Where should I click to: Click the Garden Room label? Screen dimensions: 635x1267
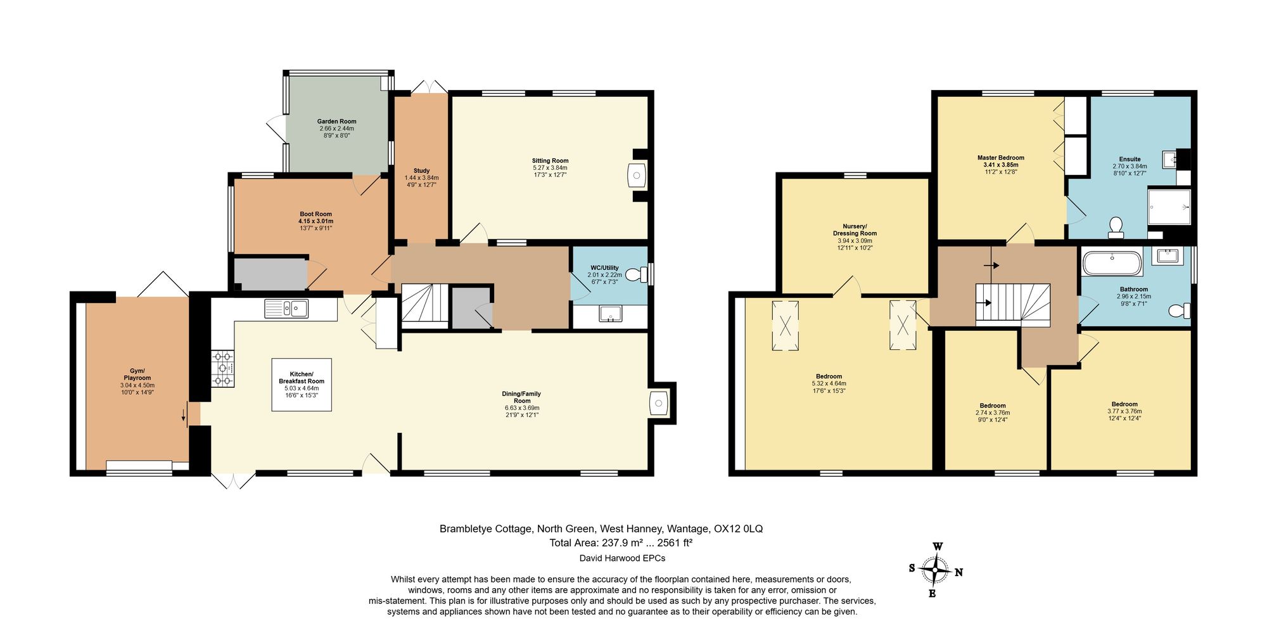click(336, 121)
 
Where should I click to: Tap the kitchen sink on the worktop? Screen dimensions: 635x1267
click(287, 309)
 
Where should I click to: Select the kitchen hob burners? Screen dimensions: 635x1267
click(222, 368)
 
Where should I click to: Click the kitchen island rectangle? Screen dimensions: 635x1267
click(302, 385)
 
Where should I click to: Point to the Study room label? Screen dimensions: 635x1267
click(421, 170)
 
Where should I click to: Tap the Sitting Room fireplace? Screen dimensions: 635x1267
click(637, 176)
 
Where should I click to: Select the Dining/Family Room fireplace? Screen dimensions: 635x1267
click(659, 404)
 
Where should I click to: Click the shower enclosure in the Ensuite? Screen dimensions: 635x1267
click(1169, 207)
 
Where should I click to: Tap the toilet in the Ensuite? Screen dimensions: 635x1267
click(1116, 227)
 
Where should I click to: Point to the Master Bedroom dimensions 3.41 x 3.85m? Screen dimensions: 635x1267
click(1000, 165)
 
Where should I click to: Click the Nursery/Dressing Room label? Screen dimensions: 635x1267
click(855, 229)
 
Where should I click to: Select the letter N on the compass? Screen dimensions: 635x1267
click(958, 573)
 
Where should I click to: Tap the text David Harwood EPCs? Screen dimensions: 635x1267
click(622, 558)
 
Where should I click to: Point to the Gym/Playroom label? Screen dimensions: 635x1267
click(137, 374)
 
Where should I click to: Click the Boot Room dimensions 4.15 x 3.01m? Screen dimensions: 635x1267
click(315, 221)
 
